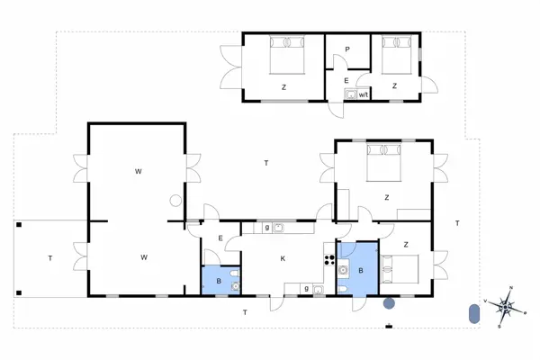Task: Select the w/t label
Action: tap(364, 94)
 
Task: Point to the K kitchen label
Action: tap(283, 259)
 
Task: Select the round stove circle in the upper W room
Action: tap(175, 201)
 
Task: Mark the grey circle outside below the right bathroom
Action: tap(389, 302)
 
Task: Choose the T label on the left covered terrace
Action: tap(50, 258)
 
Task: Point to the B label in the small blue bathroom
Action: tap(219, 281)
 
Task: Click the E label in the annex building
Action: tap(346, 81)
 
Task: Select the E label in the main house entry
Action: tap(220, 238)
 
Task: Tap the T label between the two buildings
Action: tap(266, 163)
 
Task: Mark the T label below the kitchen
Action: tap(245, 312)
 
